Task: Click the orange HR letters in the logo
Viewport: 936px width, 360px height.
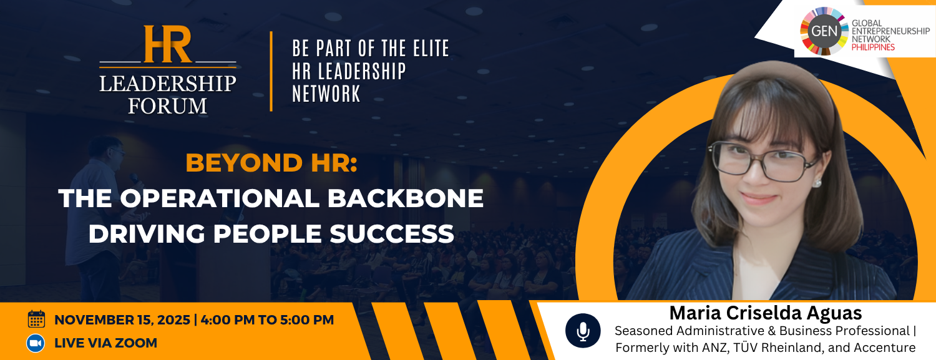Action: (x=168, y=44)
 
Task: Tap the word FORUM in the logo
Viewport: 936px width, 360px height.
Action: (x=168, y=106)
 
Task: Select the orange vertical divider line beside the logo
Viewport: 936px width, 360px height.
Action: (x=271, y=71)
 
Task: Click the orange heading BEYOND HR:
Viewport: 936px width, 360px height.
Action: (x=271, y=163)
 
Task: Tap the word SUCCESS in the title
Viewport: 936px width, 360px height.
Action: (x=392, y=233)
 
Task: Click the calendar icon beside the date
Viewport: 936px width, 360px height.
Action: (x=36, y=319)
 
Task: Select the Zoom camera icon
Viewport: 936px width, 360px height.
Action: (x=36, y=343)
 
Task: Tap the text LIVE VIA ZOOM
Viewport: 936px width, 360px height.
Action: (x=105, y=343)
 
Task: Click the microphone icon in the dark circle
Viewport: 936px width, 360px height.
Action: (x=583, y=331)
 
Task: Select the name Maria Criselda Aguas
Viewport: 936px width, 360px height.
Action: (x=766, y=313)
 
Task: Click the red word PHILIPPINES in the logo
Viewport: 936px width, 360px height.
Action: (x=873, y=47)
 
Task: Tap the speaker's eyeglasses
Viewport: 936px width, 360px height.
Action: (x=764, y=161)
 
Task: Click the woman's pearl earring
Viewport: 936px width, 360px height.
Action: (x=817, y=183)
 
